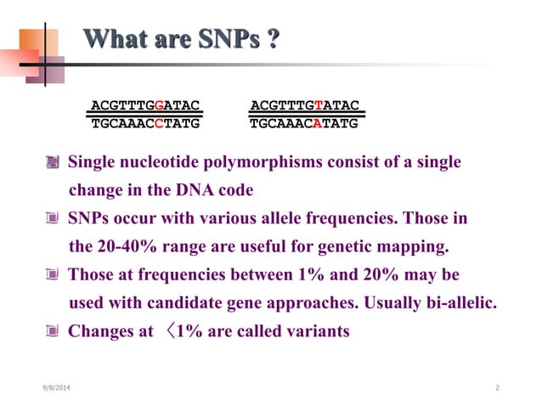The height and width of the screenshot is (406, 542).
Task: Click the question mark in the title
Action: pos(274,40)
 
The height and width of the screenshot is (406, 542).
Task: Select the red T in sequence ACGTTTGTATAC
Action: pos(318,105)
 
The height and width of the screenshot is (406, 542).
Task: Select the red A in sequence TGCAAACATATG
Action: pos(318,123)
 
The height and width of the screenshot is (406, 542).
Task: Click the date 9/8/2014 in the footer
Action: pos(57,387)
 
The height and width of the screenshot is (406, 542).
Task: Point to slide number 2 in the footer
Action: pos(497,387)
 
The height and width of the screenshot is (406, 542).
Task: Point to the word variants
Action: pos(314,331)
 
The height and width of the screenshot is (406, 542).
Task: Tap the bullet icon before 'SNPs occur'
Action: pos(54,219)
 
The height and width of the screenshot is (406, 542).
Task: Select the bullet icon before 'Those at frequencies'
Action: pos(54,275)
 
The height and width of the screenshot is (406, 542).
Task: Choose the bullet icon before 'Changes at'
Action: pos(54,331)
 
